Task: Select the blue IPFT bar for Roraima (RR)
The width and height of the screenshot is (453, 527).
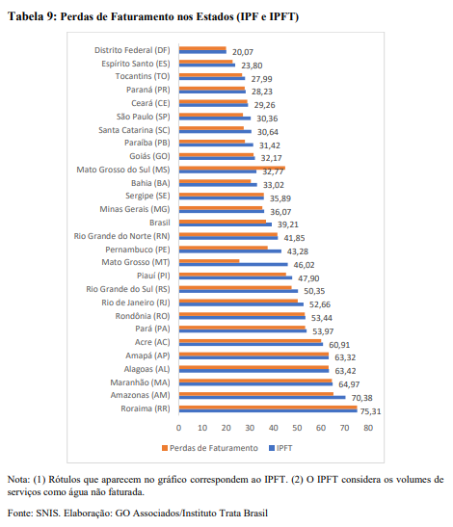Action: [267, 412]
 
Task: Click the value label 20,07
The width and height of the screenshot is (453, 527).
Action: [242, 51]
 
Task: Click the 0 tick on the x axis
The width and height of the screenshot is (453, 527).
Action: [178, 427]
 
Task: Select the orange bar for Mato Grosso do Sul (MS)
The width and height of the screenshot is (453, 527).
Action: [231, 168]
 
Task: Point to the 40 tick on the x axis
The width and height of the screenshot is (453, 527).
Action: [274, 427]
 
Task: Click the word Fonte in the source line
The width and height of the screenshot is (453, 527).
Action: [21, 515]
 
